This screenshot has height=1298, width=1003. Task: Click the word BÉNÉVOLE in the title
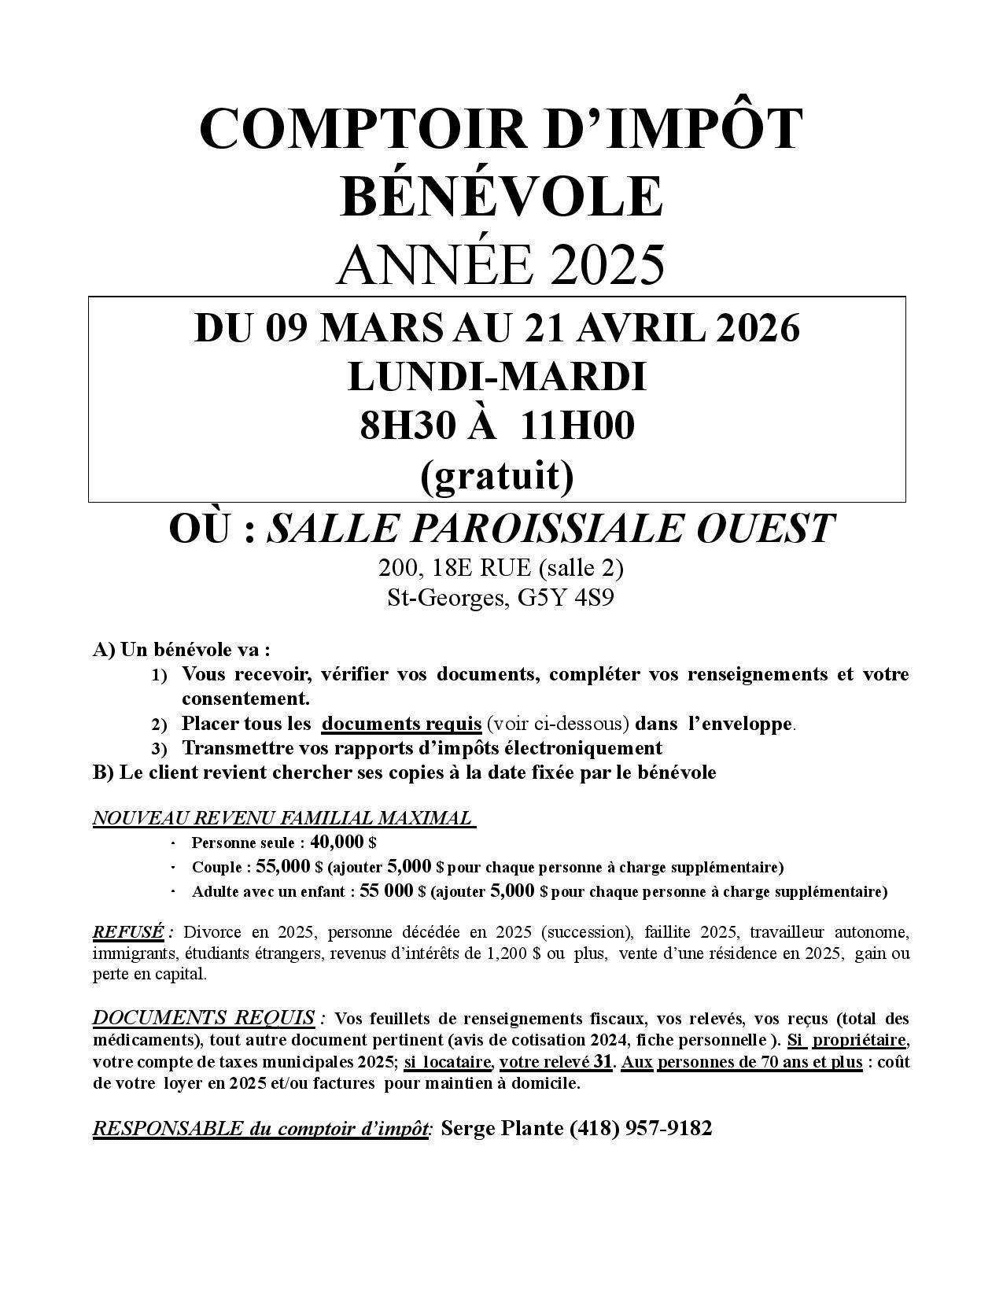501,196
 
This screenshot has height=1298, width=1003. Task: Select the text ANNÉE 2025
501,265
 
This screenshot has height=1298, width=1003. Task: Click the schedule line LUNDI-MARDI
497,377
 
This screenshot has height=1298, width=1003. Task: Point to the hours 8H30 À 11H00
497,426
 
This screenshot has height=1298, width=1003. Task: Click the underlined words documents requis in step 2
402,723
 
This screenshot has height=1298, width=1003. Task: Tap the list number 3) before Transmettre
160,749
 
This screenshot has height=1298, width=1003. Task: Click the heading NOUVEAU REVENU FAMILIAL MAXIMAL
284,818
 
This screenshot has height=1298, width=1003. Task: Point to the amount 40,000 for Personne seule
337,843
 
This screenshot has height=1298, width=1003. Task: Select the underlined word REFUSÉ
128,932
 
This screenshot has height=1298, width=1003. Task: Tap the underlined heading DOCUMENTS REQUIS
204,1018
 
